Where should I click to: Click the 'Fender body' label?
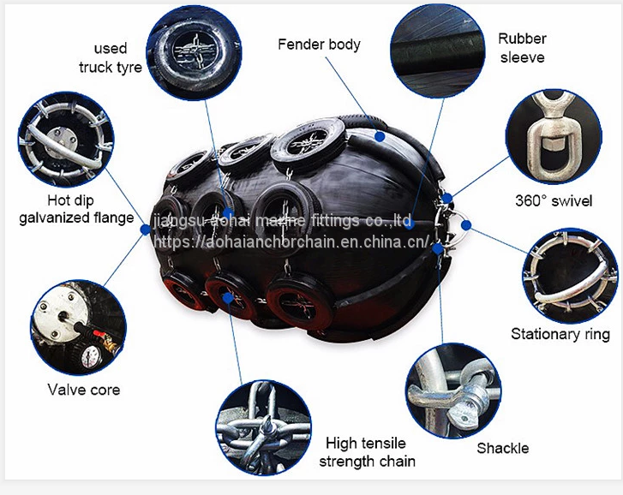pyautogui.click(x=319, y=44)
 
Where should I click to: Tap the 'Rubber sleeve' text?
pyautogui.click(x=522, y=48)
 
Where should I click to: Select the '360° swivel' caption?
pyautogui.click(x=554, y=200)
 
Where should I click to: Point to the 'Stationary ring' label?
pyautogui.click(x=560, y=334)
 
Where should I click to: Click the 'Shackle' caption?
pyautogui.click(x=503, y=448)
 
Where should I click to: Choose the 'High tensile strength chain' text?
pyautogui.click(x=367, y=452)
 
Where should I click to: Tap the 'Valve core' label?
pyautogui.click(x=83, y=390)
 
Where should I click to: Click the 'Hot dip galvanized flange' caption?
pyautogui.click(x=76, y=209)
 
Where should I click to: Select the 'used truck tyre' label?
pyautogui.click(x=110, y=58)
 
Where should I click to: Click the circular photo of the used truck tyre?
pyautogui.click(x=195, y=51)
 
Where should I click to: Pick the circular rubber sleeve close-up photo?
pyautogui.click(x=437, y=51)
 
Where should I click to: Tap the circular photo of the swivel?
pyautogui.click(x=554, y=136)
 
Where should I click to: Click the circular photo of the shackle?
pyautogui.click(x=453, y=391)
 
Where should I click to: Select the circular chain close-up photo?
pyautogui.click(x=263, y=427)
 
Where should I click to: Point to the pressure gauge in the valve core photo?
pyautogui.click(x=91, y=355)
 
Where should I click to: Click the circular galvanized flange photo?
pyautogui.click(x=66, y=140)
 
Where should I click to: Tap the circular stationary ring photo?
pyautogui.click(x=570, y=276)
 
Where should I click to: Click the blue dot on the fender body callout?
pyautogui.click(x=380, y=136)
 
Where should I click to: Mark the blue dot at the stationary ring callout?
pyautogui.click(x=466, y=225)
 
